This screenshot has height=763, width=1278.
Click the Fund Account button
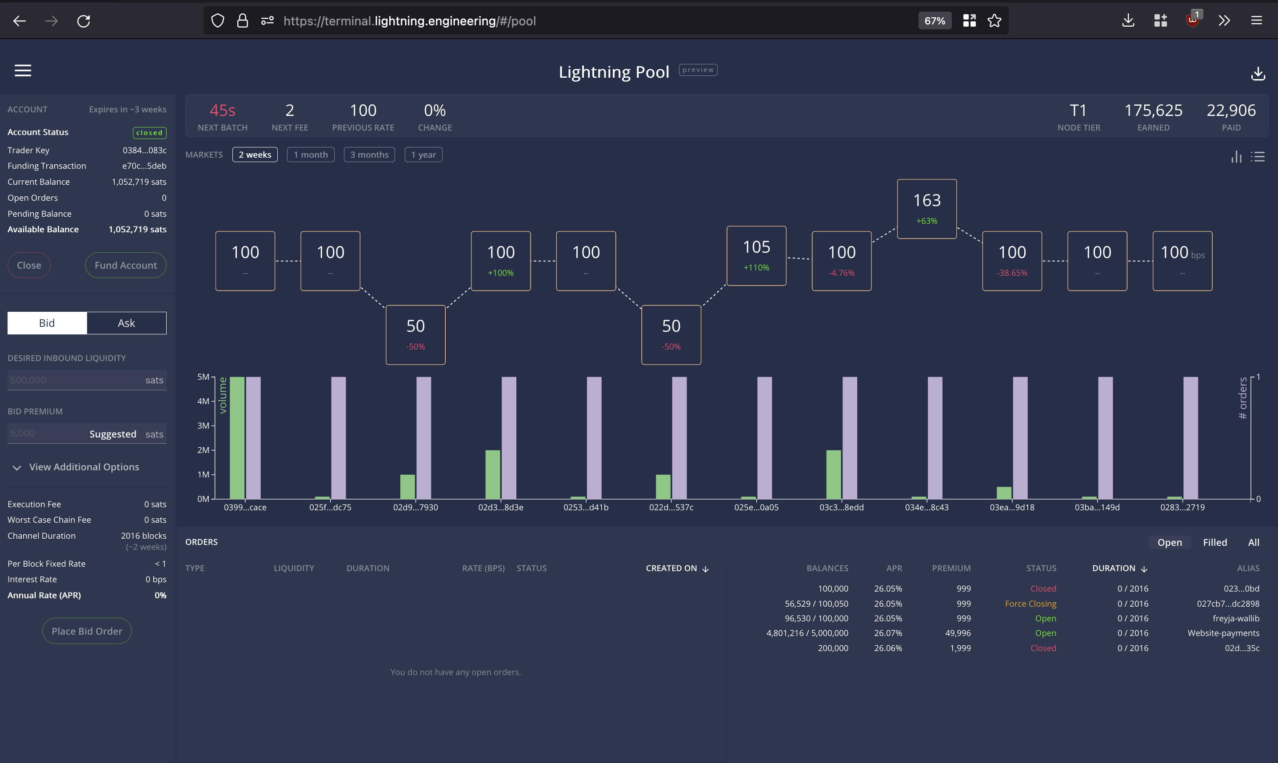tap(125, 265)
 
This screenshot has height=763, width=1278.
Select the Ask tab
tap(127, 323)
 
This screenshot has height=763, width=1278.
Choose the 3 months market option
tap(369, 155)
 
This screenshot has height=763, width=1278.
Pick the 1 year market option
tap(423, 155)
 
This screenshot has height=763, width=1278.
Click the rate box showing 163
tap(927, 209)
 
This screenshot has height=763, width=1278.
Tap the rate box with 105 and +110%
tap(756, 255)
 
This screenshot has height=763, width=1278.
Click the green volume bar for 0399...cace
tap(237, 437)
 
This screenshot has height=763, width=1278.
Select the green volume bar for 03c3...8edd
tap(833, 474)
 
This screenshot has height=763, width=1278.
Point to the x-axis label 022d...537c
tap(671, 508)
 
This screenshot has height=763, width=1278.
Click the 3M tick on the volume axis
tap(203, 426)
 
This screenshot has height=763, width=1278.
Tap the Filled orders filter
tap(1215, 542)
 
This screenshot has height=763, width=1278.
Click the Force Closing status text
tap(1030, 604)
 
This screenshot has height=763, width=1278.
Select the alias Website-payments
tap(1223, 633)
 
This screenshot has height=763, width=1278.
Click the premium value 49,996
tap(958, 633)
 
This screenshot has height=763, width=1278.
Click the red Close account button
tap(29, 265)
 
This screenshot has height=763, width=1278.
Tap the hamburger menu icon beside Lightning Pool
tap(23, 71)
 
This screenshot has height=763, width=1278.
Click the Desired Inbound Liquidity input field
tap(75, 380)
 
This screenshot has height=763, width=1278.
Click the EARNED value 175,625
tap(1153, 111)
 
